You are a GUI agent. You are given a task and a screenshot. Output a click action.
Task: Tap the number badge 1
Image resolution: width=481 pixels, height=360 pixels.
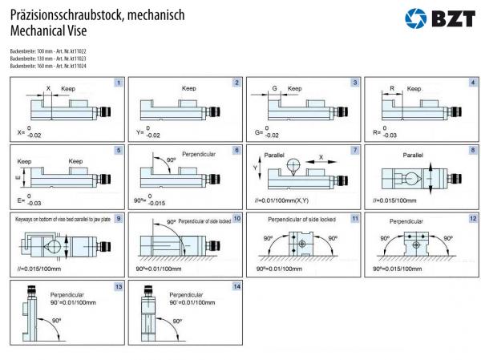118,82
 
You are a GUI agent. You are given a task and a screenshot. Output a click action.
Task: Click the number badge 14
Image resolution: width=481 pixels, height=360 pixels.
236,285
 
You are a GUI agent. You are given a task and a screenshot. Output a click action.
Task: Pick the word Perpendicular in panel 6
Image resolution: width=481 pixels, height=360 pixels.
198,152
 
